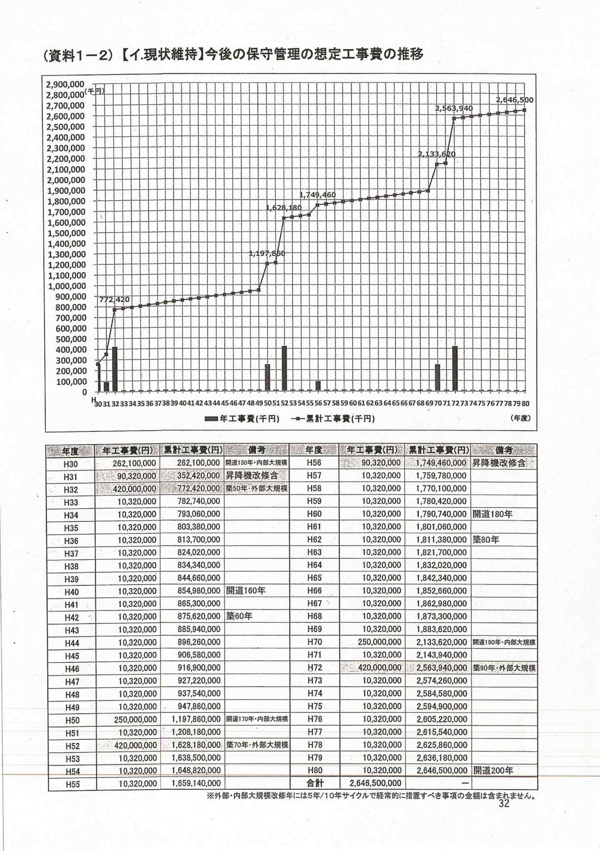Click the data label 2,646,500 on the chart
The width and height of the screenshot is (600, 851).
514,100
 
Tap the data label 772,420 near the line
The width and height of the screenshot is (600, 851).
114,300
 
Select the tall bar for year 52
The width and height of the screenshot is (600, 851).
284,368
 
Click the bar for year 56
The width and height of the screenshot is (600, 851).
318,385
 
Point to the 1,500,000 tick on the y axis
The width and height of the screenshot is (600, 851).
66,233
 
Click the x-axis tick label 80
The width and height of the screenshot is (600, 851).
525,403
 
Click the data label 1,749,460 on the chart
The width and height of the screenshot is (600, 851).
317,195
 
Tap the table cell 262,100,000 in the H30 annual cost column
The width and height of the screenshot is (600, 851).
134,463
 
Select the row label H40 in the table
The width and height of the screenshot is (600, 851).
72,592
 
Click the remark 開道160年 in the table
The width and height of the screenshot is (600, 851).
245,591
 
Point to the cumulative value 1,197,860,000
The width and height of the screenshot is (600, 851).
196,719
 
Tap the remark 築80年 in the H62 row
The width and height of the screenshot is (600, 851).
485,540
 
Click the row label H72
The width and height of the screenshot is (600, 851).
315,668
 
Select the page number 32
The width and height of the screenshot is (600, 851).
504,804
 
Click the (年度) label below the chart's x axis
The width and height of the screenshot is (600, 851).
520,418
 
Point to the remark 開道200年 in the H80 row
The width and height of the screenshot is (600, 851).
493,771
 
